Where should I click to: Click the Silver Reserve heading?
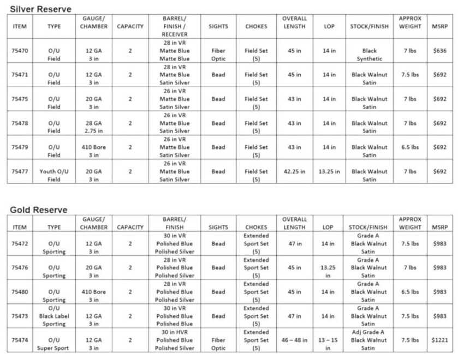(x=40, y=9)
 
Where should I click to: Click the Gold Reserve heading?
(x=38, y=210)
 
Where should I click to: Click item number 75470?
(x=20, y=51)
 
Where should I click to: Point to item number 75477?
(x=20, y=171)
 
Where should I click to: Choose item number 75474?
(x=20, y=340)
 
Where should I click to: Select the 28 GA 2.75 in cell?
(x=93, y=127)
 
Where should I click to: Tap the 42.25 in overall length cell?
(x=294, y=171)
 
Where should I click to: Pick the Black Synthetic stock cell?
(x=369, y=55)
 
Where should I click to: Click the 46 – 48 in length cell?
(x=294, y=340)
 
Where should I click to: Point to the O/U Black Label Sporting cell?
(x=54, y=316)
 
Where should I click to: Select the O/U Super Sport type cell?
(x=54, y=344)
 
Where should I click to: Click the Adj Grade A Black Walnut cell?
(x=369, y=340)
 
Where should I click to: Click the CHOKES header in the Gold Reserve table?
(x=256, y=227)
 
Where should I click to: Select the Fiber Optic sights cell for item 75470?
(x=218, y=55)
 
